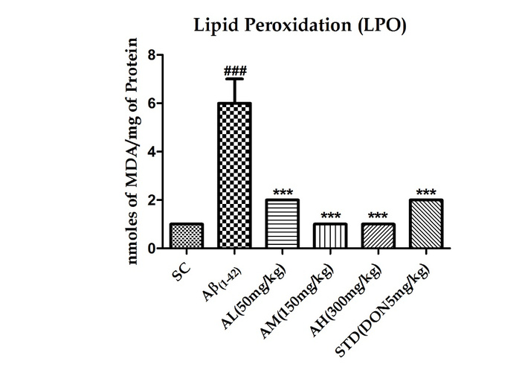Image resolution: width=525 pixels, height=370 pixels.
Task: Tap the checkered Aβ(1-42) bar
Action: [x=234, y=176]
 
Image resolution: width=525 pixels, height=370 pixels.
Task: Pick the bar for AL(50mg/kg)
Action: [x=283, y=224]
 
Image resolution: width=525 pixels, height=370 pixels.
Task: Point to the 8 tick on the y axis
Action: [x=151, y=55]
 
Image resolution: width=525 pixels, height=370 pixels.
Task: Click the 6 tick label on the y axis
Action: [x=151, y=103]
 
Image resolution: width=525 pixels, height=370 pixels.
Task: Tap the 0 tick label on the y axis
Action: [x=151, y=249]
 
